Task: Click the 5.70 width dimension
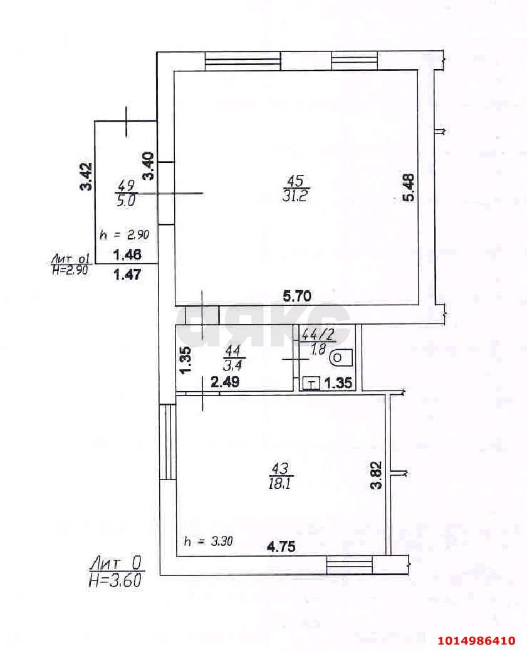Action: [x=296, y=296]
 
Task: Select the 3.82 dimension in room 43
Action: [x=377, y=476]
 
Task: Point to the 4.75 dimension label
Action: [x=281, y=547]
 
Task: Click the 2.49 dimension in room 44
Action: [x=225, y=381]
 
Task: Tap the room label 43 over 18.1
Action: [x=281, y=476]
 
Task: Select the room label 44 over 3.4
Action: [x=233, y=358]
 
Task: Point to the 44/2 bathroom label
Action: [x=319, y=341]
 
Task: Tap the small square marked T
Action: [x=311, y=384]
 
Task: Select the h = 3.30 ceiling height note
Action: [x=209, y=541]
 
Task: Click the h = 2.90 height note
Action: [x=124, y=234]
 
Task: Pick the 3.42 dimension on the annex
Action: [x=86, y=176]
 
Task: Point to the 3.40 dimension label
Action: [x=149, y=166]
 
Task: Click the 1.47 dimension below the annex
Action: [x=128, y=274]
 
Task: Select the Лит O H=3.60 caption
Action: [x=115, y=571]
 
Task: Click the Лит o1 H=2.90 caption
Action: [x=70, y=265]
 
